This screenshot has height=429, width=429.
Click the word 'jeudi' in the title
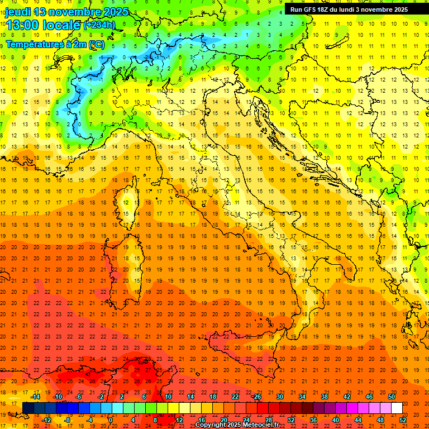coord(17,12)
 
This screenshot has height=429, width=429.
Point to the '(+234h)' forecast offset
coord(99,25)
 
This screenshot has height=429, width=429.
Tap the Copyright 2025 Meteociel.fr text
coord(237,425)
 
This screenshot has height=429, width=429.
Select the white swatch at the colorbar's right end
coord(397,408)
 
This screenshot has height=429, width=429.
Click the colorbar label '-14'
coord(36,397)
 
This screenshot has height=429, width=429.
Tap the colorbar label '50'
coord(392,397)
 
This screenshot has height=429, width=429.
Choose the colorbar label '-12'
coord(47,420)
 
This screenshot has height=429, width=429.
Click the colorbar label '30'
coord(280,397)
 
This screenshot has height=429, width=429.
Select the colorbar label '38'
coord(325,397)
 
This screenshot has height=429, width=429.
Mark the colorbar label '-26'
coord(256,397)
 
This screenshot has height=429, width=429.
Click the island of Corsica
coord(127,201)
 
